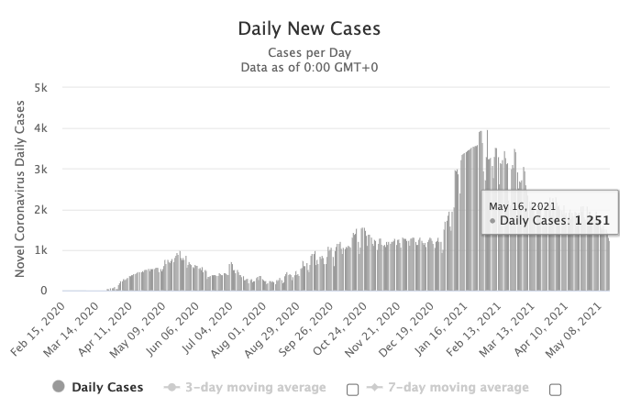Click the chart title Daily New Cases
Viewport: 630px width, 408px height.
click(308, 28)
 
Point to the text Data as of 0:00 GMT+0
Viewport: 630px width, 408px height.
click(308, 67)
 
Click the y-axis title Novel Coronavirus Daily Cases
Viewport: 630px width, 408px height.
click(19, 190)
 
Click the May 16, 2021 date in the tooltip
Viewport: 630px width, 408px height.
click(522, 206)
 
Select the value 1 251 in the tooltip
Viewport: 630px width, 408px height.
click(591, 221)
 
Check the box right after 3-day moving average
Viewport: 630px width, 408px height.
click(353, 389)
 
